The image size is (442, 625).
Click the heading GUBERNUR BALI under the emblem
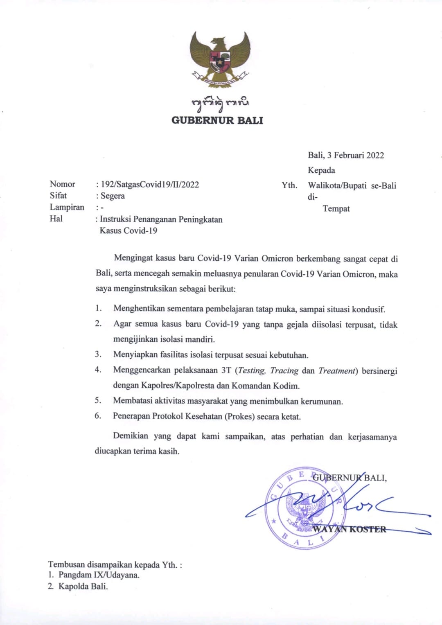(x=217, y=120)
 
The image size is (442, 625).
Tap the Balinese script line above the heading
(x=220, y=104)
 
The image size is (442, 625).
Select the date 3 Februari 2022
(x=355, y=155)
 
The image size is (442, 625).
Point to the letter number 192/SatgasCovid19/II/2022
(x=150, y=185)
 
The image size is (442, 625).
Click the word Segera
(x=113, y=196)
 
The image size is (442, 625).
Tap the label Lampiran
(x=67, y=207)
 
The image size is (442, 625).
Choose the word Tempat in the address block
(x=336, y=209)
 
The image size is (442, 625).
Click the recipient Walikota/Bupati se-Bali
(x=352, y=185)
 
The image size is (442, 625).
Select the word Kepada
(x=321, y=170)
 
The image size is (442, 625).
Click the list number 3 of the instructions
(x=98, y=354)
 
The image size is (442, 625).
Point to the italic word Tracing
(x=284, y=370)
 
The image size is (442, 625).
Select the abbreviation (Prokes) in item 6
(x=239, y=417)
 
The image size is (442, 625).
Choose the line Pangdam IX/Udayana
(x=99, y=575)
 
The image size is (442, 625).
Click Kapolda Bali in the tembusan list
(x=83, y=587)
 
